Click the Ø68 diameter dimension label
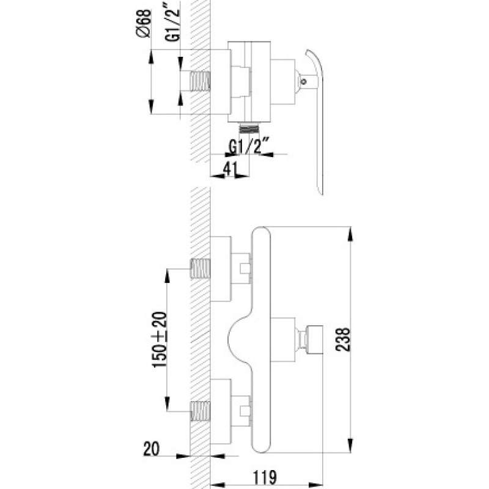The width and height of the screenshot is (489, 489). pyautogui.click(x=144, y=23)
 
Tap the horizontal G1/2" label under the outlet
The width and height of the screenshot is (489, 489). pyautogui.click(x=249, y=147)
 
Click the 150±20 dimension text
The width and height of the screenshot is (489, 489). pyautogui.click(x=160, y=340)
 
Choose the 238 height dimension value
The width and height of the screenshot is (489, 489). pyautogui.click(x=343, y=340)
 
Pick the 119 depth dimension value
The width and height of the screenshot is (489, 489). pyautogui.click(x=265, y=477)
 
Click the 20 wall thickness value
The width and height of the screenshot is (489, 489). pyautogui.click(x=151, y=449)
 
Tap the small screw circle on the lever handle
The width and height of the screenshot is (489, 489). pyautogui.click(x=303, y=82)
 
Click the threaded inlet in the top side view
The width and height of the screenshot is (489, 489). pyautogui.click(x=200, y=81)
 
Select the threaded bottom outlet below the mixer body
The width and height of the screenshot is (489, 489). pyautogui.click(x=249, y=128)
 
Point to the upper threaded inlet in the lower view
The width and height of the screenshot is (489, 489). pyautogui.click(x=200, y=269)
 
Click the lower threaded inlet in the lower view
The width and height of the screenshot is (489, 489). pyautogui.click(x=200, y=411)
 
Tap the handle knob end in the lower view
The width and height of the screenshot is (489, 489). pyautogui.click(x=314, y=340)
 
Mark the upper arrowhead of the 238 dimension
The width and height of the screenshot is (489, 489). pyautogui.click(x=350, y=234)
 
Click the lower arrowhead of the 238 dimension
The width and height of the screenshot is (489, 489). pyautogui.click(x=350, y=446)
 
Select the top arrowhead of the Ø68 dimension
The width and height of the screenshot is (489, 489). pyautogui.click(x=151, y=57)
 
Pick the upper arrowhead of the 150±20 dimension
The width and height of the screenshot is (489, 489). pyautogui.click(x=167, y=276)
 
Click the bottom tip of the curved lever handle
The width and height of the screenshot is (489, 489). pyautogui.click(x=322, y=194)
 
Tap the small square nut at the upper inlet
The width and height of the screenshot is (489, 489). pyautogui.click(x=245, y=269)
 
